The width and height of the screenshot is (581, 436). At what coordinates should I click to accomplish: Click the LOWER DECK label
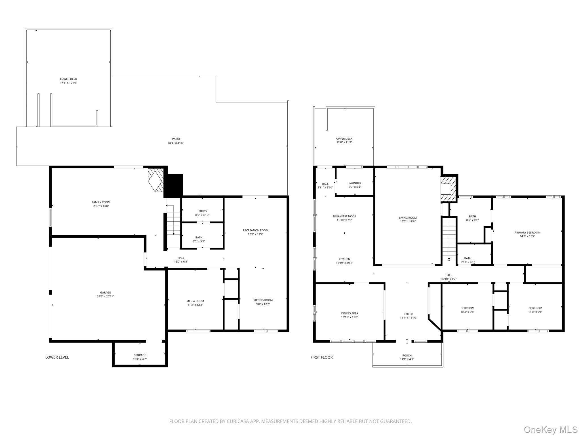coord(68,79)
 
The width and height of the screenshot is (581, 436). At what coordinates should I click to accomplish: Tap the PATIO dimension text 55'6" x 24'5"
coord(176,143)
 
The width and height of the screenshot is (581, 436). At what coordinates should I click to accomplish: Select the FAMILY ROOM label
coord(101,202)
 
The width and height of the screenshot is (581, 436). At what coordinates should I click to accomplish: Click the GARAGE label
coord(106,292)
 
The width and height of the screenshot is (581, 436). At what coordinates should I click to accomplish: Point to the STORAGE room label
coord(140,355)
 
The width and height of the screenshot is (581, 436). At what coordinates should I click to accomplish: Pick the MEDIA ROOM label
coord(195,301)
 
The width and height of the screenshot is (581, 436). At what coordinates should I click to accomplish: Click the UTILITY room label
coord(202,211)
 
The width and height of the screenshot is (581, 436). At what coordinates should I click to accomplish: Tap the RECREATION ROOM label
coord(256,230)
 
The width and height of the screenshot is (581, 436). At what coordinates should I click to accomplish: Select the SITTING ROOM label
coord(263,300)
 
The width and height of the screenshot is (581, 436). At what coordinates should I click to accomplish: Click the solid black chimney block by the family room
coord(173,186)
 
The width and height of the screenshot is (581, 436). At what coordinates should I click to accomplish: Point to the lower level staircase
coord(173,224)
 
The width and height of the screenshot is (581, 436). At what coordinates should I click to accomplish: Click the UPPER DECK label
coord(344,139)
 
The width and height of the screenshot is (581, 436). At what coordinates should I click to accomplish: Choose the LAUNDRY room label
coord(355,183)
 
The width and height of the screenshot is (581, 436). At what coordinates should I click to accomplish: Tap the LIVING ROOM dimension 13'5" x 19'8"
coord(408,221)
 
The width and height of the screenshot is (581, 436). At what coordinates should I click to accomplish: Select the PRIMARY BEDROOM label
coord(527,232)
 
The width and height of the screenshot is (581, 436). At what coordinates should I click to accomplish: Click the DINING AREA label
coord(350,313)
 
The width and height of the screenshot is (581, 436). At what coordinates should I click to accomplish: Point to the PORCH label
coord(407,355)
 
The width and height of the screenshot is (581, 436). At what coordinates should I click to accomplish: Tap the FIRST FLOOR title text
coord(321,357)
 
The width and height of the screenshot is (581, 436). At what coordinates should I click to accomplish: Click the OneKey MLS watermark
coord(550,429)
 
